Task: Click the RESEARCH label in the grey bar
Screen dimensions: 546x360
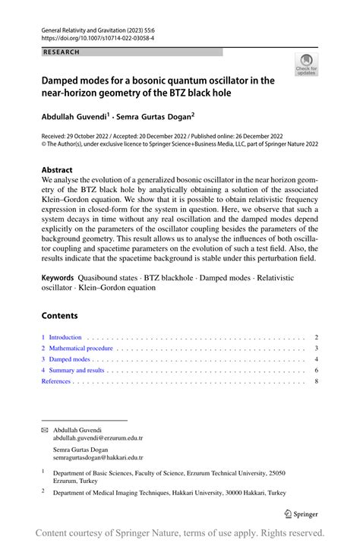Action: coord(58,52)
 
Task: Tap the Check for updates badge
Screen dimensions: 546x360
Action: coord(307,65)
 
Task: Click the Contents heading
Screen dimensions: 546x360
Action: coord(59,315)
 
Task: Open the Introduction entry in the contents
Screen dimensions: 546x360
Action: coord(65,336)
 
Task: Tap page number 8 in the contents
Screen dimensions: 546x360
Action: coord(315,381)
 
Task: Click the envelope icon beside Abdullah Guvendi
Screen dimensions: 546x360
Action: coord(44,430)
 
